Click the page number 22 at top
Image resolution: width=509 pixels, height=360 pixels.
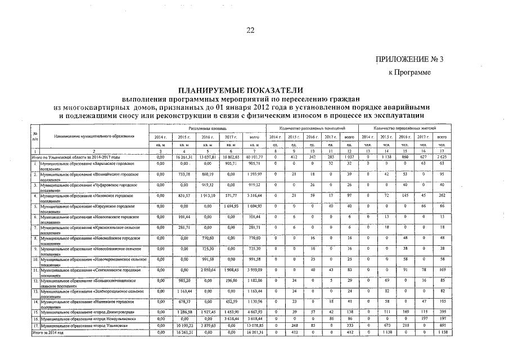[x=251, y=30]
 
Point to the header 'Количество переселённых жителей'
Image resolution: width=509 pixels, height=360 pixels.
[x=409, y=129]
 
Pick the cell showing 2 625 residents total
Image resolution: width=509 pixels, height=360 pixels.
[x=442, y=156]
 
